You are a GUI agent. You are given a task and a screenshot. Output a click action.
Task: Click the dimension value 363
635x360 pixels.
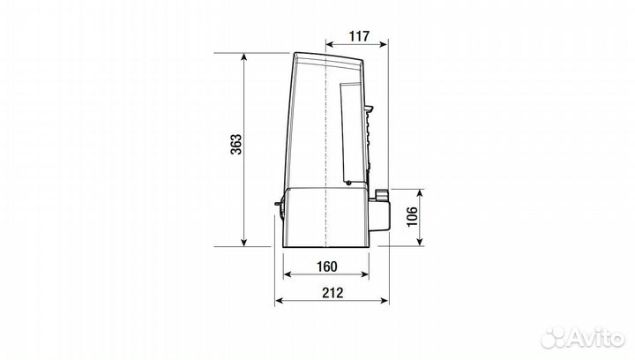[x=235, y=144]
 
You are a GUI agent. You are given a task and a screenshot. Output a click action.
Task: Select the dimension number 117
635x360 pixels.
[x=360, y=36]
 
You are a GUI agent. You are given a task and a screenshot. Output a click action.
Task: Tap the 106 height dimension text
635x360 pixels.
[x=412, y=217]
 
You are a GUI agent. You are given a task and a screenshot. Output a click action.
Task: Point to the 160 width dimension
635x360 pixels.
[x=327, y=266]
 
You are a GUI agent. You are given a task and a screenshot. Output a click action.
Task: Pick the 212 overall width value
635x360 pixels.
[x=332, y=292]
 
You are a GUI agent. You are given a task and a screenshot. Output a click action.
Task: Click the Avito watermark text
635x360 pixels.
[x=596, y=336]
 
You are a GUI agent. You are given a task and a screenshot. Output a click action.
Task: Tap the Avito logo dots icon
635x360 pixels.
[x=554, y=338]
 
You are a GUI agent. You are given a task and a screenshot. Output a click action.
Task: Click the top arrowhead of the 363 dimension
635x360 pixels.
[x=243, y=56]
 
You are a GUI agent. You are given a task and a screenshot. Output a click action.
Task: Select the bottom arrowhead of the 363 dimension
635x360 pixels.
[x=243, y=242]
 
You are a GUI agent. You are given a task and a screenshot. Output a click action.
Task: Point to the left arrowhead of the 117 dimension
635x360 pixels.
[x=330, y=44]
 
